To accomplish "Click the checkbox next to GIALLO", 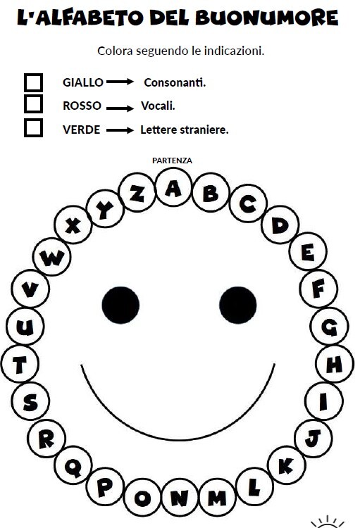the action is coord(33,82).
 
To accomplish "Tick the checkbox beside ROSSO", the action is coord(33,104).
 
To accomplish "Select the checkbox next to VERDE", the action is coord(33,127).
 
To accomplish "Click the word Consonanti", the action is coord(175,82).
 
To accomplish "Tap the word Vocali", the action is coord(158,106).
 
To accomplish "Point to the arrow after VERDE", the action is coord(120,130).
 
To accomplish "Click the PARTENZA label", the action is coord(172,161).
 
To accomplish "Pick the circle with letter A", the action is coord(173,187).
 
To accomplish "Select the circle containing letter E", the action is coord(308,251).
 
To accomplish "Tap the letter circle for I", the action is coord(324,401).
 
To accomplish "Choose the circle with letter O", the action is coord(142,497).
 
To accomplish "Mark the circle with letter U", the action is coord(25,326).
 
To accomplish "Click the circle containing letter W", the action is coord(52,256).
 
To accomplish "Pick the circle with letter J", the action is coord(314,438).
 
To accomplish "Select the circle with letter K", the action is coord(287,465).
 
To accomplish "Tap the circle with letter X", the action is coord(73,225).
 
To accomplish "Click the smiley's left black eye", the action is coord(120,305).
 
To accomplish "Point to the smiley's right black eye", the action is coord(237,305).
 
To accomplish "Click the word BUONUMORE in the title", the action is coord(266,18).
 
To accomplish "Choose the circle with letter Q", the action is coord(73,465).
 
